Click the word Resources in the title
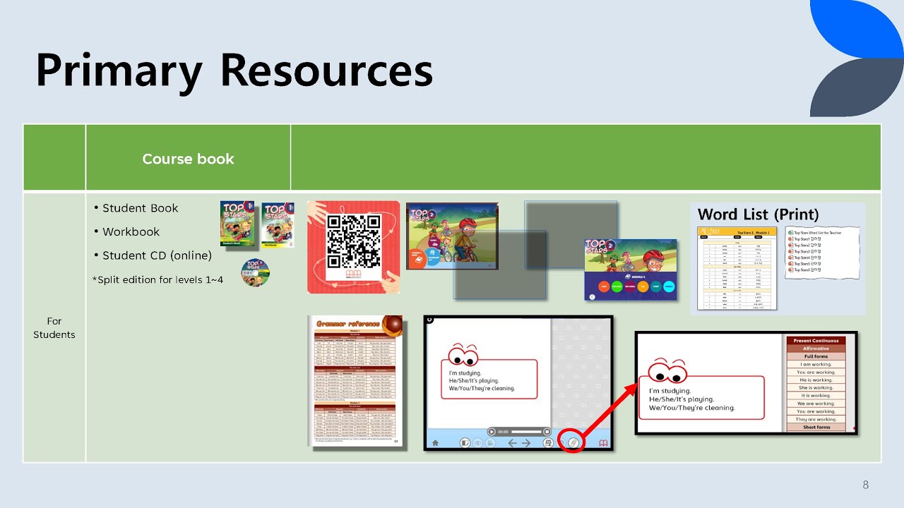326,71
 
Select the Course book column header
188,159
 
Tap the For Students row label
54,328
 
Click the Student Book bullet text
140,208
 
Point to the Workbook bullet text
131,231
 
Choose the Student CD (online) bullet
157,255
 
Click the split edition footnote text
157,279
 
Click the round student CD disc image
255,272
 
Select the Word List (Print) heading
759,214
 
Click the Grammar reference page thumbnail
356,380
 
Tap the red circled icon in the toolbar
573,442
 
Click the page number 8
865,485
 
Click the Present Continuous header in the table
816,341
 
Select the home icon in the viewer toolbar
435,443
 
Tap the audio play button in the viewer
492,431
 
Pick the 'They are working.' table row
816,419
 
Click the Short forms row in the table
816,428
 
